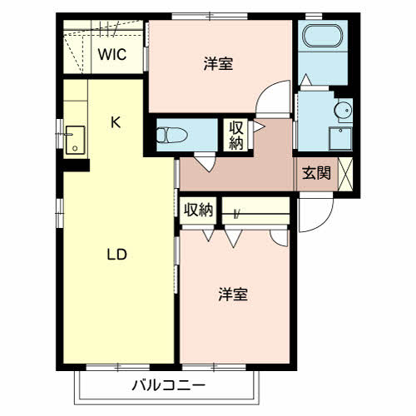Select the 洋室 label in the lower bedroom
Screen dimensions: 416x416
pyautogui.click(x=233, y=295)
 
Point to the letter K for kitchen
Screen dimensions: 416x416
pyautogui.click(x=116, y=123)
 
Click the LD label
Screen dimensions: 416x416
pyautogui.click(x=116, y=255)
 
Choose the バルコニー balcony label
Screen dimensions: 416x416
pyautogui.click(x=168, y=386)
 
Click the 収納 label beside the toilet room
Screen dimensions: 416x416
pyautogui.click(x=236, y=135)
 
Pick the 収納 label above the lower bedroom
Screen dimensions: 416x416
pyautogui.click(x=199, y=210)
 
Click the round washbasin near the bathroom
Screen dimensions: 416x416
pyautogui.click(x=342, y=109)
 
